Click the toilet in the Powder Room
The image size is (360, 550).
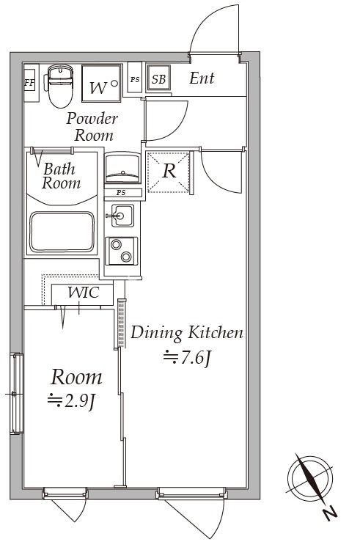[x=59, y=85]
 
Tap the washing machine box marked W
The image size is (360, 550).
[x=102, y=83]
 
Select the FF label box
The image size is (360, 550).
[x=31, y=83]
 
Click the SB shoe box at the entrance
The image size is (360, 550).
[x=159, y=78]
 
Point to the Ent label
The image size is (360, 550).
[x=202, y=78]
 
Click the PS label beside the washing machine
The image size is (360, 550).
[x=135, y=79]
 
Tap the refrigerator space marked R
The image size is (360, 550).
[x=169, y=172]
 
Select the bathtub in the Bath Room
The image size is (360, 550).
[x=62, y=232]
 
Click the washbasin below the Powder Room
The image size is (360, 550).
[x=122, y=169]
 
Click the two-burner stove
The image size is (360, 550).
[x=121, y=251]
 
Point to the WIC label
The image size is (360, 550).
[x=84, y=292]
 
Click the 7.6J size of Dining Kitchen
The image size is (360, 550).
[x=188, y=358]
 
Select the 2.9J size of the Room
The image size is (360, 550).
[x=72, y=400]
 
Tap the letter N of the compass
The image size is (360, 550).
[x=329, y=513]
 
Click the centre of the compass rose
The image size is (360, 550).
[x=310, y=477]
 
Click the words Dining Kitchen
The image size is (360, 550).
[x=187, y=333]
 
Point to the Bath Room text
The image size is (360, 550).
[x=61, y=176]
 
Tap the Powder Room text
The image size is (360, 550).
[x=92, y=127]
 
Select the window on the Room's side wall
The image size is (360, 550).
[x=16, y=394]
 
